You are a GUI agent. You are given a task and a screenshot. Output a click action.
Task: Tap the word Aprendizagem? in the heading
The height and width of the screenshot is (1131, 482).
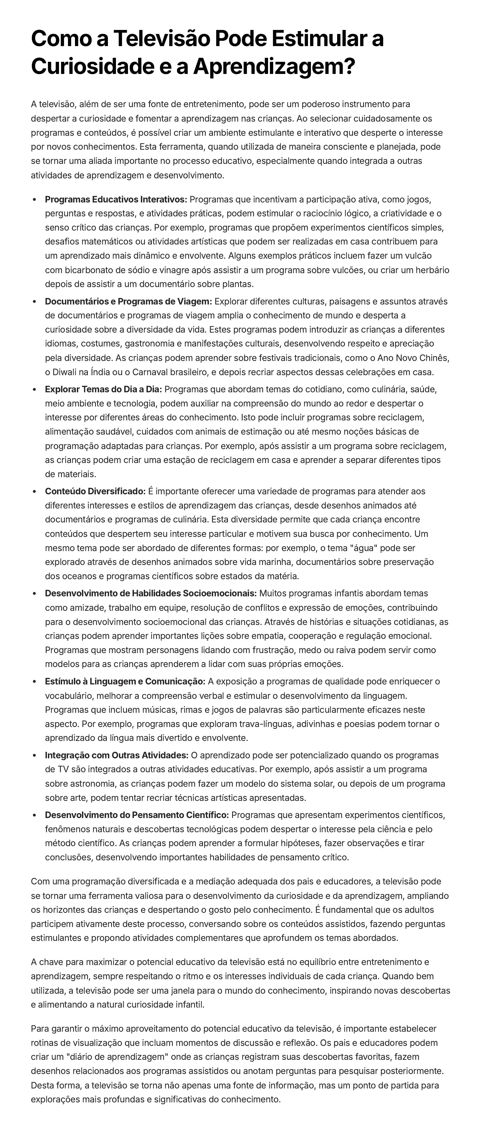pos(273,66)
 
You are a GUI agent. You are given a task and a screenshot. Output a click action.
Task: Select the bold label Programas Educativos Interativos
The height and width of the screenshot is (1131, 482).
pos(116,199)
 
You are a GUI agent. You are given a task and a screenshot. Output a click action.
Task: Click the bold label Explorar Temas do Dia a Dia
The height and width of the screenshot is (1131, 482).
pos(104,389)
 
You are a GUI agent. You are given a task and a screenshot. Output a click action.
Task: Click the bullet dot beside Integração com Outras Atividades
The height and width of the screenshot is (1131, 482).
pos(34,755)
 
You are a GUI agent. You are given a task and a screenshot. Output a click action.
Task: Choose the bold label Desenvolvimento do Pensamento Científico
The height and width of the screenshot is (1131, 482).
pos(137,815)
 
